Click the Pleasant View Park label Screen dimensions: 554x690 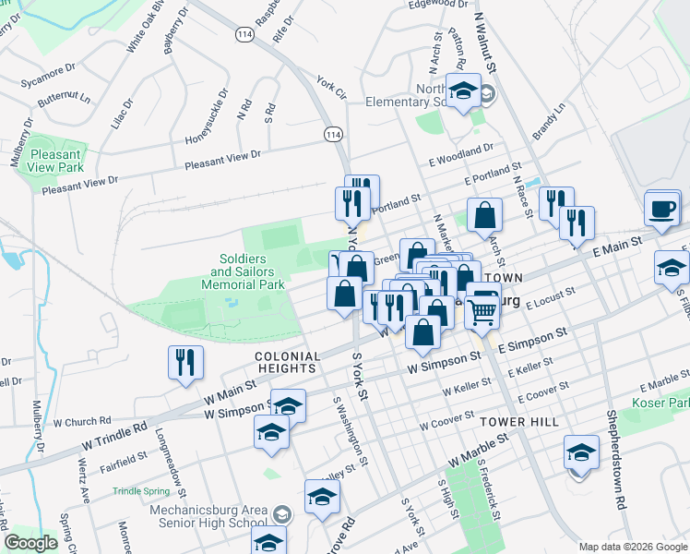point(56,161)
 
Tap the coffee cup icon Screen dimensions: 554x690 point(662,209)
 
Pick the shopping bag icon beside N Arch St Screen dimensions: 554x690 point(484,217)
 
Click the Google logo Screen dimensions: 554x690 point(31,542)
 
